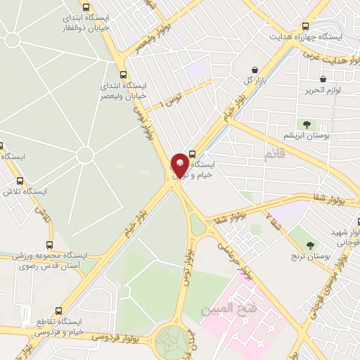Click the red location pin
coord(180,165)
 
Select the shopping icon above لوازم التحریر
coord(323,79)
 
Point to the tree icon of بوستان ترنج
coord(309,245)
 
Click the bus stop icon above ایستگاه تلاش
coord(20,180)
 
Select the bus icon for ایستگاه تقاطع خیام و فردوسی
coord(59,311)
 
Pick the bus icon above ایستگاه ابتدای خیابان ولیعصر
coord(124,75)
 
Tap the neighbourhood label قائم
coord(276,153)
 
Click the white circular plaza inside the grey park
coord(85,154)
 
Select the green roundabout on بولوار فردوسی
coord(173,342)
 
